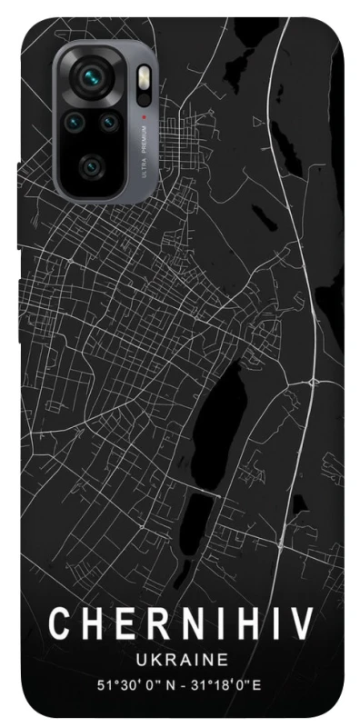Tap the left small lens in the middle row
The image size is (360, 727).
click(75, 121)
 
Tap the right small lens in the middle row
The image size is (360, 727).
click(109, 121)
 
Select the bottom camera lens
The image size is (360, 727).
click(92, 165)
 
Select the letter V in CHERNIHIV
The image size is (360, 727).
click(301, 624)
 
